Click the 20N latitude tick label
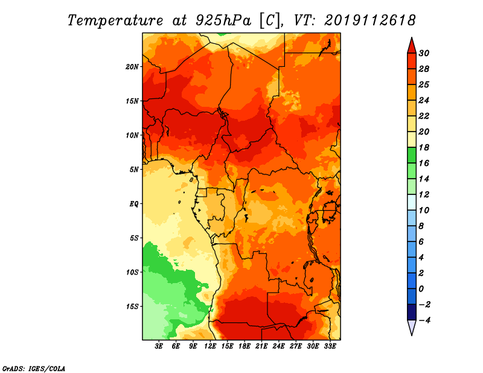pos(132,67)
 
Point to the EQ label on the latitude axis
pos(133,204)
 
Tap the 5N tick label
pos(134,170)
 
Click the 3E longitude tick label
pos(159,346)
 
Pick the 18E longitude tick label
pos(245,346)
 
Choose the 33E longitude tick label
pos(330,346)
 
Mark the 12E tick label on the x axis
pos(210,346)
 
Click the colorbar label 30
pos(424,53)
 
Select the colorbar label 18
pos(424,147)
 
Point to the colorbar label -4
pos(425,320)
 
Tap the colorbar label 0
pos(421,289)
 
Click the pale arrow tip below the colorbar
pos(412,335)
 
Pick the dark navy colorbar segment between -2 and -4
pos(412,312)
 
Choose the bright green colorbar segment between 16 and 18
pos(412,155)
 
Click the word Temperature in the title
pos(115,21)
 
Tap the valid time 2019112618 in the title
pos(370,21)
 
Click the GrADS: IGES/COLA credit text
pos(34,369)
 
